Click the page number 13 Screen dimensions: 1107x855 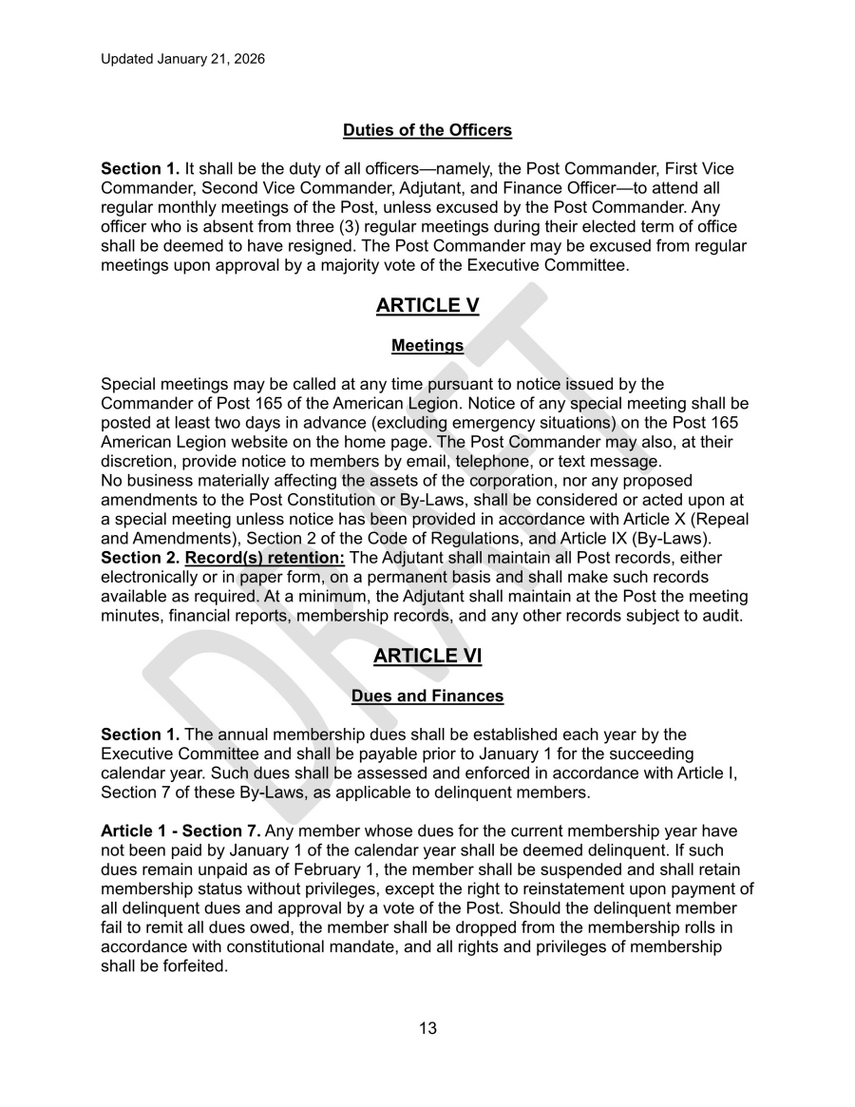click(x=427, y=1028)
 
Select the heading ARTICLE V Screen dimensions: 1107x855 click(x=427, y=305)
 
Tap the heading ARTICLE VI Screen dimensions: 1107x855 click(x=427, y=656)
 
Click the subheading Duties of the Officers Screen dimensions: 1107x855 click(x=427, y=130)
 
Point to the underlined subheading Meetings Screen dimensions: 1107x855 click(x=427, y=346)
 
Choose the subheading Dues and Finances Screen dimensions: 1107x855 click(x=427, y=697)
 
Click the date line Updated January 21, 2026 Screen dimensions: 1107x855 click(x=182, y=59)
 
